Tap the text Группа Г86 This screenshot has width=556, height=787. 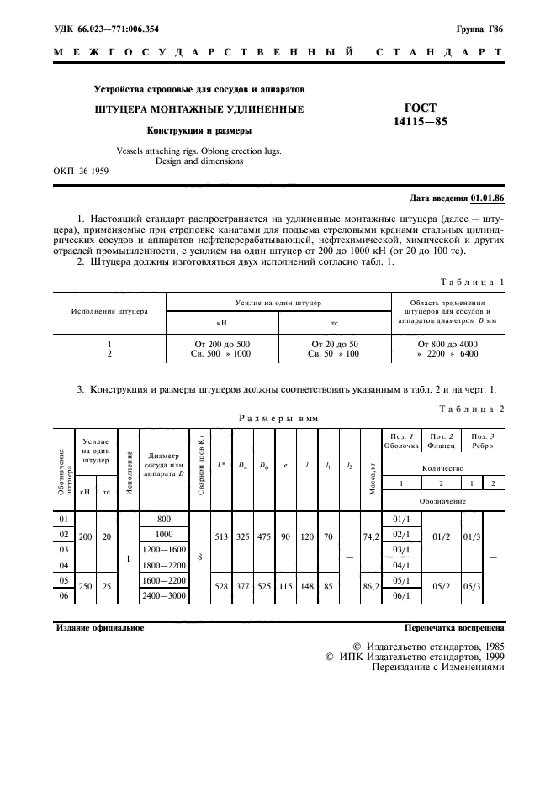coord(479,29)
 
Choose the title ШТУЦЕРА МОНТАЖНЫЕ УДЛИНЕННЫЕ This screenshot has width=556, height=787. coord(199,109)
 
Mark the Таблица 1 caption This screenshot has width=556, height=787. coord(472,282)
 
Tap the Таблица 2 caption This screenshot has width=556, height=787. coord(472,408)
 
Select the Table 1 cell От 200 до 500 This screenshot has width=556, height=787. coord(221,344)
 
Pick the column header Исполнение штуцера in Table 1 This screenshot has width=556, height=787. coord(109,311)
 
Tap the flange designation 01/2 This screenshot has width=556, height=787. coord(442,534)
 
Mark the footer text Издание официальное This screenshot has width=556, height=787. coord(99,627)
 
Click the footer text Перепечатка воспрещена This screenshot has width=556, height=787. coord(454,627)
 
